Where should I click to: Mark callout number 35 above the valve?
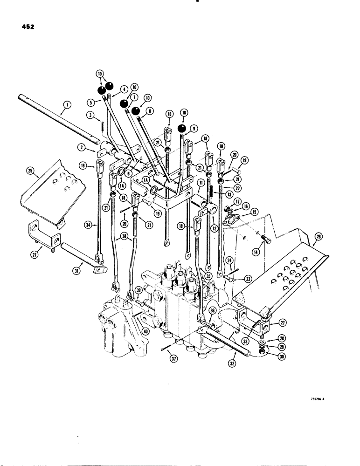[x=208, y=275]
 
